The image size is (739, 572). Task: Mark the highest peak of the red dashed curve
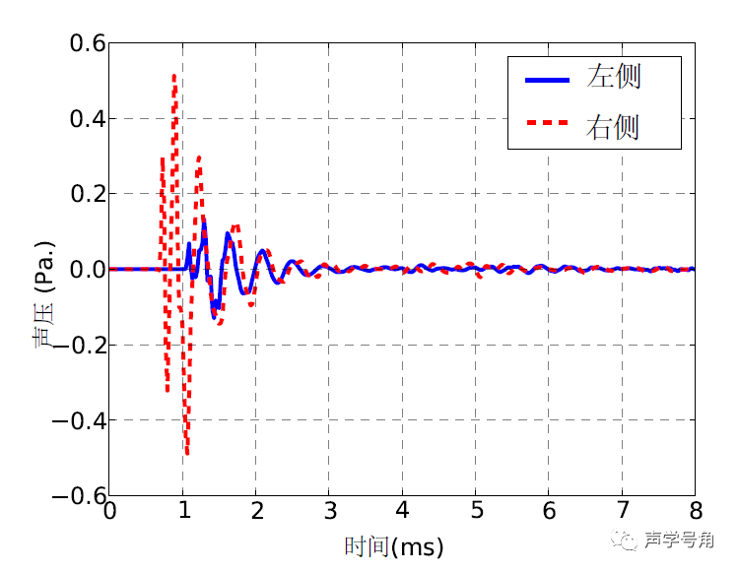pos(174,75)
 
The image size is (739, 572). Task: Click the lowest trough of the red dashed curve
pos(187,453)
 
